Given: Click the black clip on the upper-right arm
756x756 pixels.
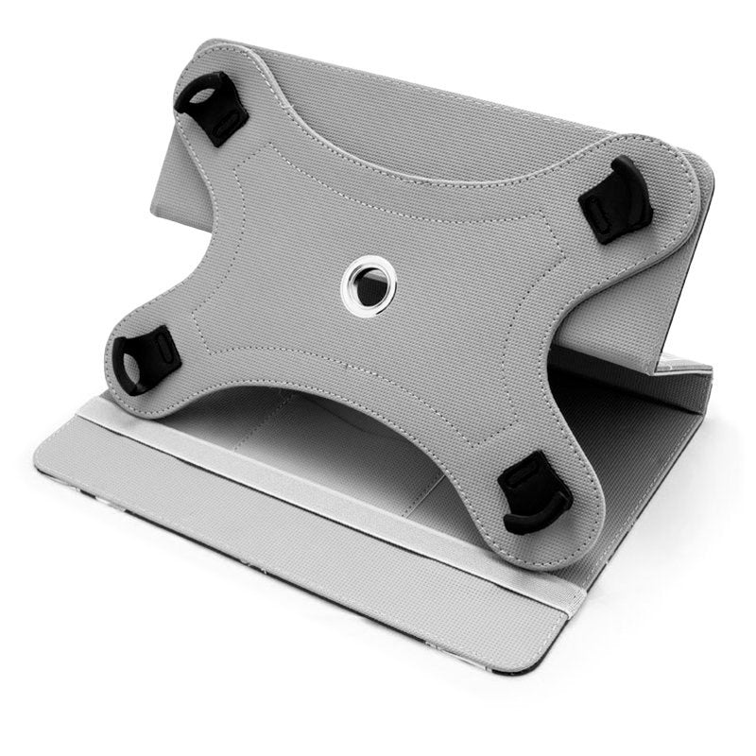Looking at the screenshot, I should pos(618,199).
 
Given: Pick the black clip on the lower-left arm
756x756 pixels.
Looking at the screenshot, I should pos(146,357).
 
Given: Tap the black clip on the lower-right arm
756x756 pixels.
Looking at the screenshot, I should pos(534,491).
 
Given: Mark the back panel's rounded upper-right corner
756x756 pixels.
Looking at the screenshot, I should pos(704,170).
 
